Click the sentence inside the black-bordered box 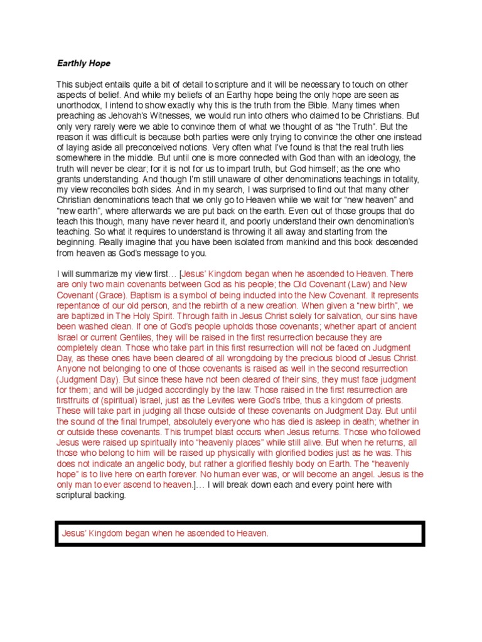(165, 534)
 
